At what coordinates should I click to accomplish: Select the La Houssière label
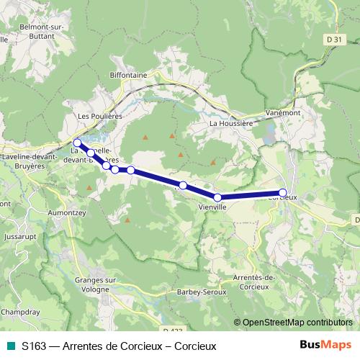pos(230,123)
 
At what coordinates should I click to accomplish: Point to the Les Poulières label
pos(100,115)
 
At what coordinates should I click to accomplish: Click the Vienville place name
pos(212,207)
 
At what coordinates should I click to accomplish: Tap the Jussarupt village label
pos(19,235)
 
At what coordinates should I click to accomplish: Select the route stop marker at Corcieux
pos(283,192)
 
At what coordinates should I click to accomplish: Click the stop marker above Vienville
pos(217,197)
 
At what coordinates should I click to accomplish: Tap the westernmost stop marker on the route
pos(77,143)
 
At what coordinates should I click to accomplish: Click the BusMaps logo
pos(330,345)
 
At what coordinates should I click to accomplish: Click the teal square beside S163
pos(11,346)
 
